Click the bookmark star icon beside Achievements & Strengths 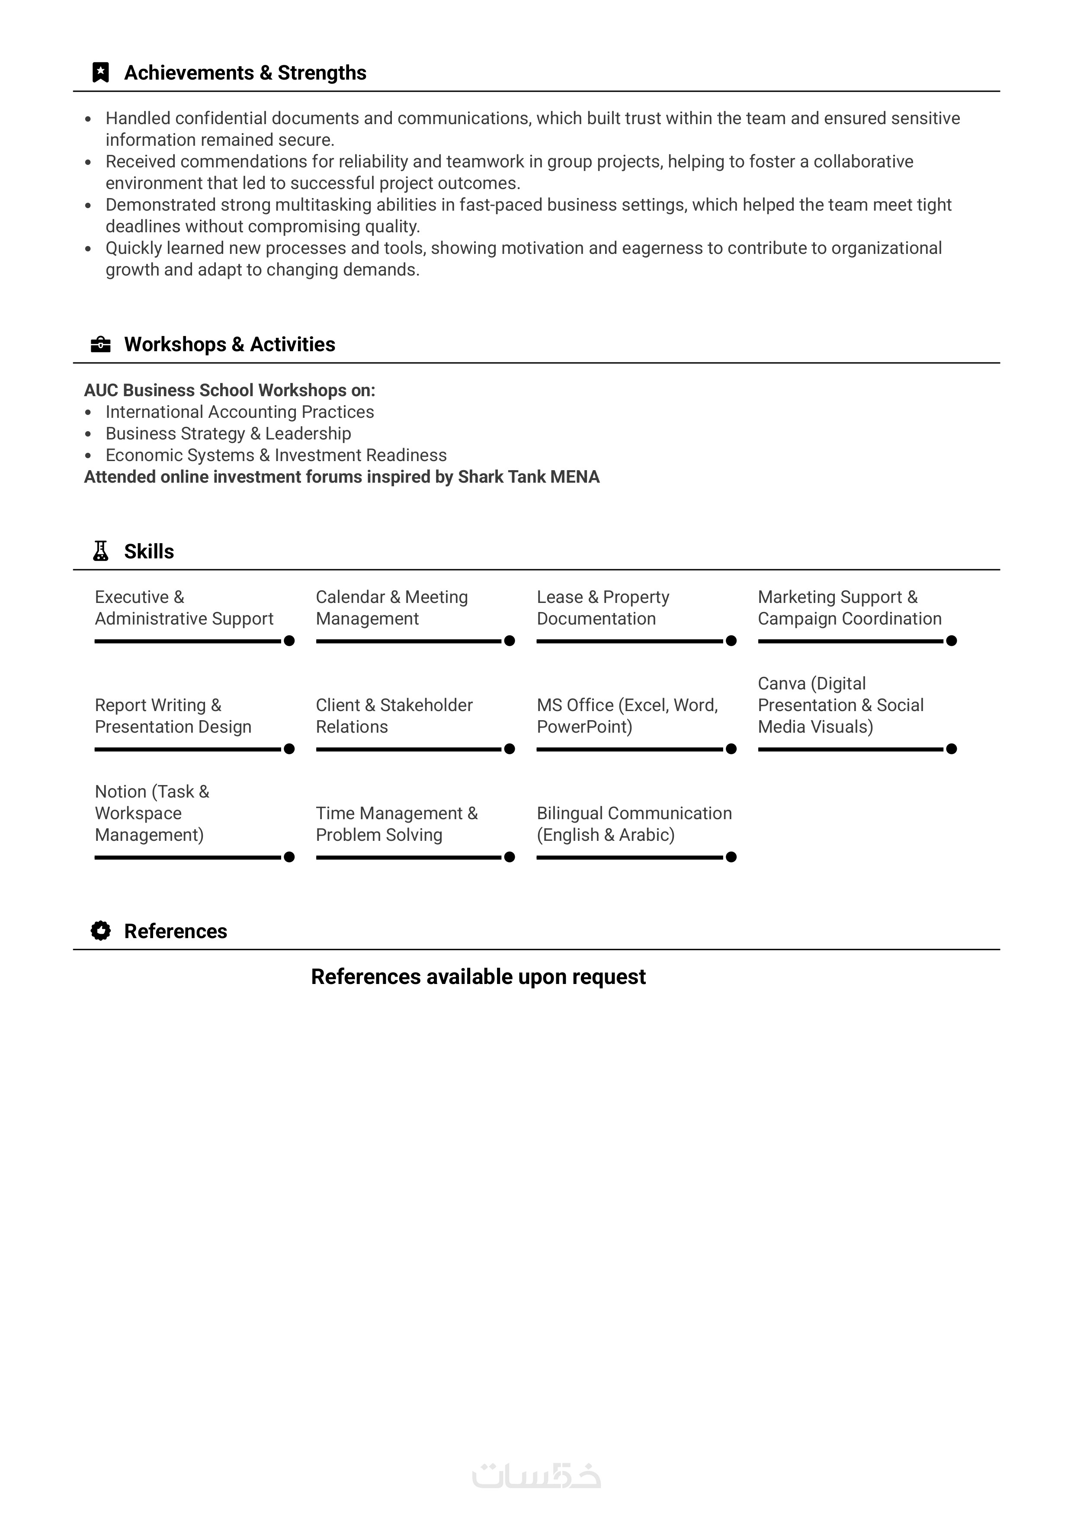pos(101,73)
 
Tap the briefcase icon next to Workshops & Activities pos(101,344)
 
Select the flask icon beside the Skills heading pos(101,551)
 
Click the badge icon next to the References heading pos(101,931)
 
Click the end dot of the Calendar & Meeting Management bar pos(510,641)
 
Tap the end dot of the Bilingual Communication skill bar pos(731,857)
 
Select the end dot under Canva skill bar pos(952,749)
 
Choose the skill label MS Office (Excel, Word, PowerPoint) pos(627,716)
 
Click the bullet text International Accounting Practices pos(240,412)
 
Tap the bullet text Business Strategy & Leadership pos(228,433)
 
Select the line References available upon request pos(478,977)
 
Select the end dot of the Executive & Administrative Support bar pos(289,641)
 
